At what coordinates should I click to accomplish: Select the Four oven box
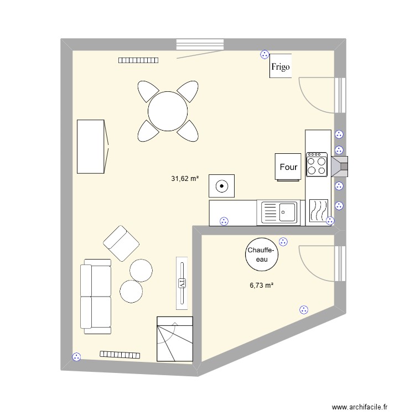pyautogui.click(x=288, y=167)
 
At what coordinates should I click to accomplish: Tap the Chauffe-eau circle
pyautogui.click(x=260, y=255)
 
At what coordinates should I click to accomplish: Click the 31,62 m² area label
pyautogui.click(x=185, y=179)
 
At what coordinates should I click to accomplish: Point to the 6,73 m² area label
pyautogui.click(x=262, y=286)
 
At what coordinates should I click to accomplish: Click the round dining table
pyautogui.click(x=168, y=111)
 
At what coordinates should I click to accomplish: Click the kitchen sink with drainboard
pyautogui.click(x=279, y=212)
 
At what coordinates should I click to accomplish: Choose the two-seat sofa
pyautogui.click(x=96, y=297)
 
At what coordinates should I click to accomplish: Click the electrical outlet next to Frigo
pyautogui.click(x=264, y=55)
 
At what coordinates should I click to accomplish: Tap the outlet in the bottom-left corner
pyautogui.click(x=76, y=357)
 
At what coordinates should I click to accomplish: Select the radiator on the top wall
pyautogui.click(x=138, y=60)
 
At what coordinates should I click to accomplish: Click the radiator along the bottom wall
pyautogui.click(x=120, y=354)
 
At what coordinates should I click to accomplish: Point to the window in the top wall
pyautogui.click(x=200, y=44)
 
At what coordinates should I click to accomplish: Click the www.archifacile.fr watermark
pyautogui.click(x=361, y=407)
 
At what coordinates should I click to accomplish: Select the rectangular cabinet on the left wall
pyautogui.click(x=91, y=146)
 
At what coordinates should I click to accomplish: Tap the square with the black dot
pyautogui.click(x=221, y=186)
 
